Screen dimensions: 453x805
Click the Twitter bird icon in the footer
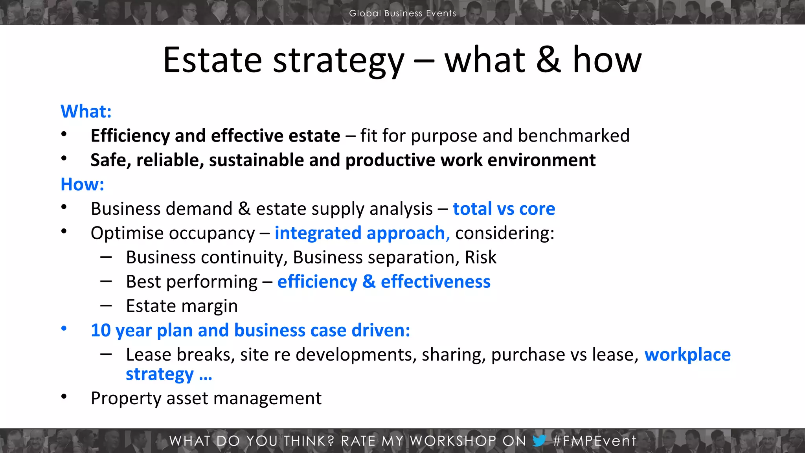coord(539,440)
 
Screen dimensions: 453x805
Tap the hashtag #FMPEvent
coord(594,441)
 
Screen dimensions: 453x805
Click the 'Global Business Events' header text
coord(402,13)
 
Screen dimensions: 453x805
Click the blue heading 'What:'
coord(86,111)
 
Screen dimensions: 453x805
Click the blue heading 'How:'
coord(82,184)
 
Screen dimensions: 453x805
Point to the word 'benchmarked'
coord(573,136)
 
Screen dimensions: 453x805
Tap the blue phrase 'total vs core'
coord(504,209)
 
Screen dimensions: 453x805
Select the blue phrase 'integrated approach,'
coord(362,233)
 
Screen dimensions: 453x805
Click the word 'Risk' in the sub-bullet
coord(480,258)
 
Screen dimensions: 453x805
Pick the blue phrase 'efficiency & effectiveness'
coord(384,282)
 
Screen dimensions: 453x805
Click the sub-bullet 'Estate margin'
coord(182,306)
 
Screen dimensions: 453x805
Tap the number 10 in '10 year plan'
coord(101,330)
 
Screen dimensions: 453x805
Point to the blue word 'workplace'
coord(687,355)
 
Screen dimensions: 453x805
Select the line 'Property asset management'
coord(206,398)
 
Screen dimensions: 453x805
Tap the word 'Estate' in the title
coord(212,60)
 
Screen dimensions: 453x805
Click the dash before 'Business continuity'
coord(106,257)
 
